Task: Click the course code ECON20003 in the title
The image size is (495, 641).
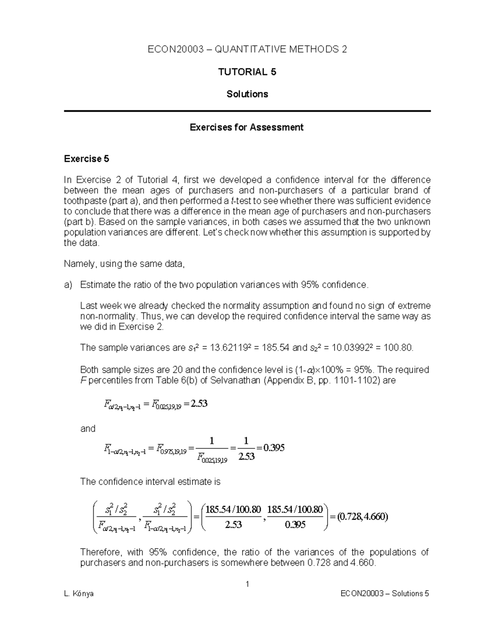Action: [x=176, y=50]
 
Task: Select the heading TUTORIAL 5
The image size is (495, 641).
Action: [x=247, y=72]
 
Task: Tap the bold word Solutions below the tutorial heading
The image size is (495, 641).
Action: [x=247, y=94]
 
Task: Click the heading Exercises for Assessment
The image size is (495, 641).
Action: [x=247, y=127]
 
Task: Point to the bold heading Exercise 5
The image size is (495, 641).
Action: [x=87, y=158]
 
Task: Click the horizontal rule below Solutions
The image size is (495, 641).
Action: [x=247, y=111]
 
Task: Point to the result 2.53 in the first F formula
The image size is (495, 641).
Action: [x=199, y=403]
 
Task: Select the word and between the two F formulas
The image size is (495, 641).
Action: [x=87, y=428]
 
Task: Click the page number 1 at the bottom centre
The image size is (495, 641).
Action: [x=247, y=584]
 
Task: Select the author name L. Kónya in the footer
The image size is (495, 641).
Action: [x=79, y=594]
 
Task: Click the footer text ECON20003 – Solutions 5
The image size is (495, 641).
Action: [x=384, y=594]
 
